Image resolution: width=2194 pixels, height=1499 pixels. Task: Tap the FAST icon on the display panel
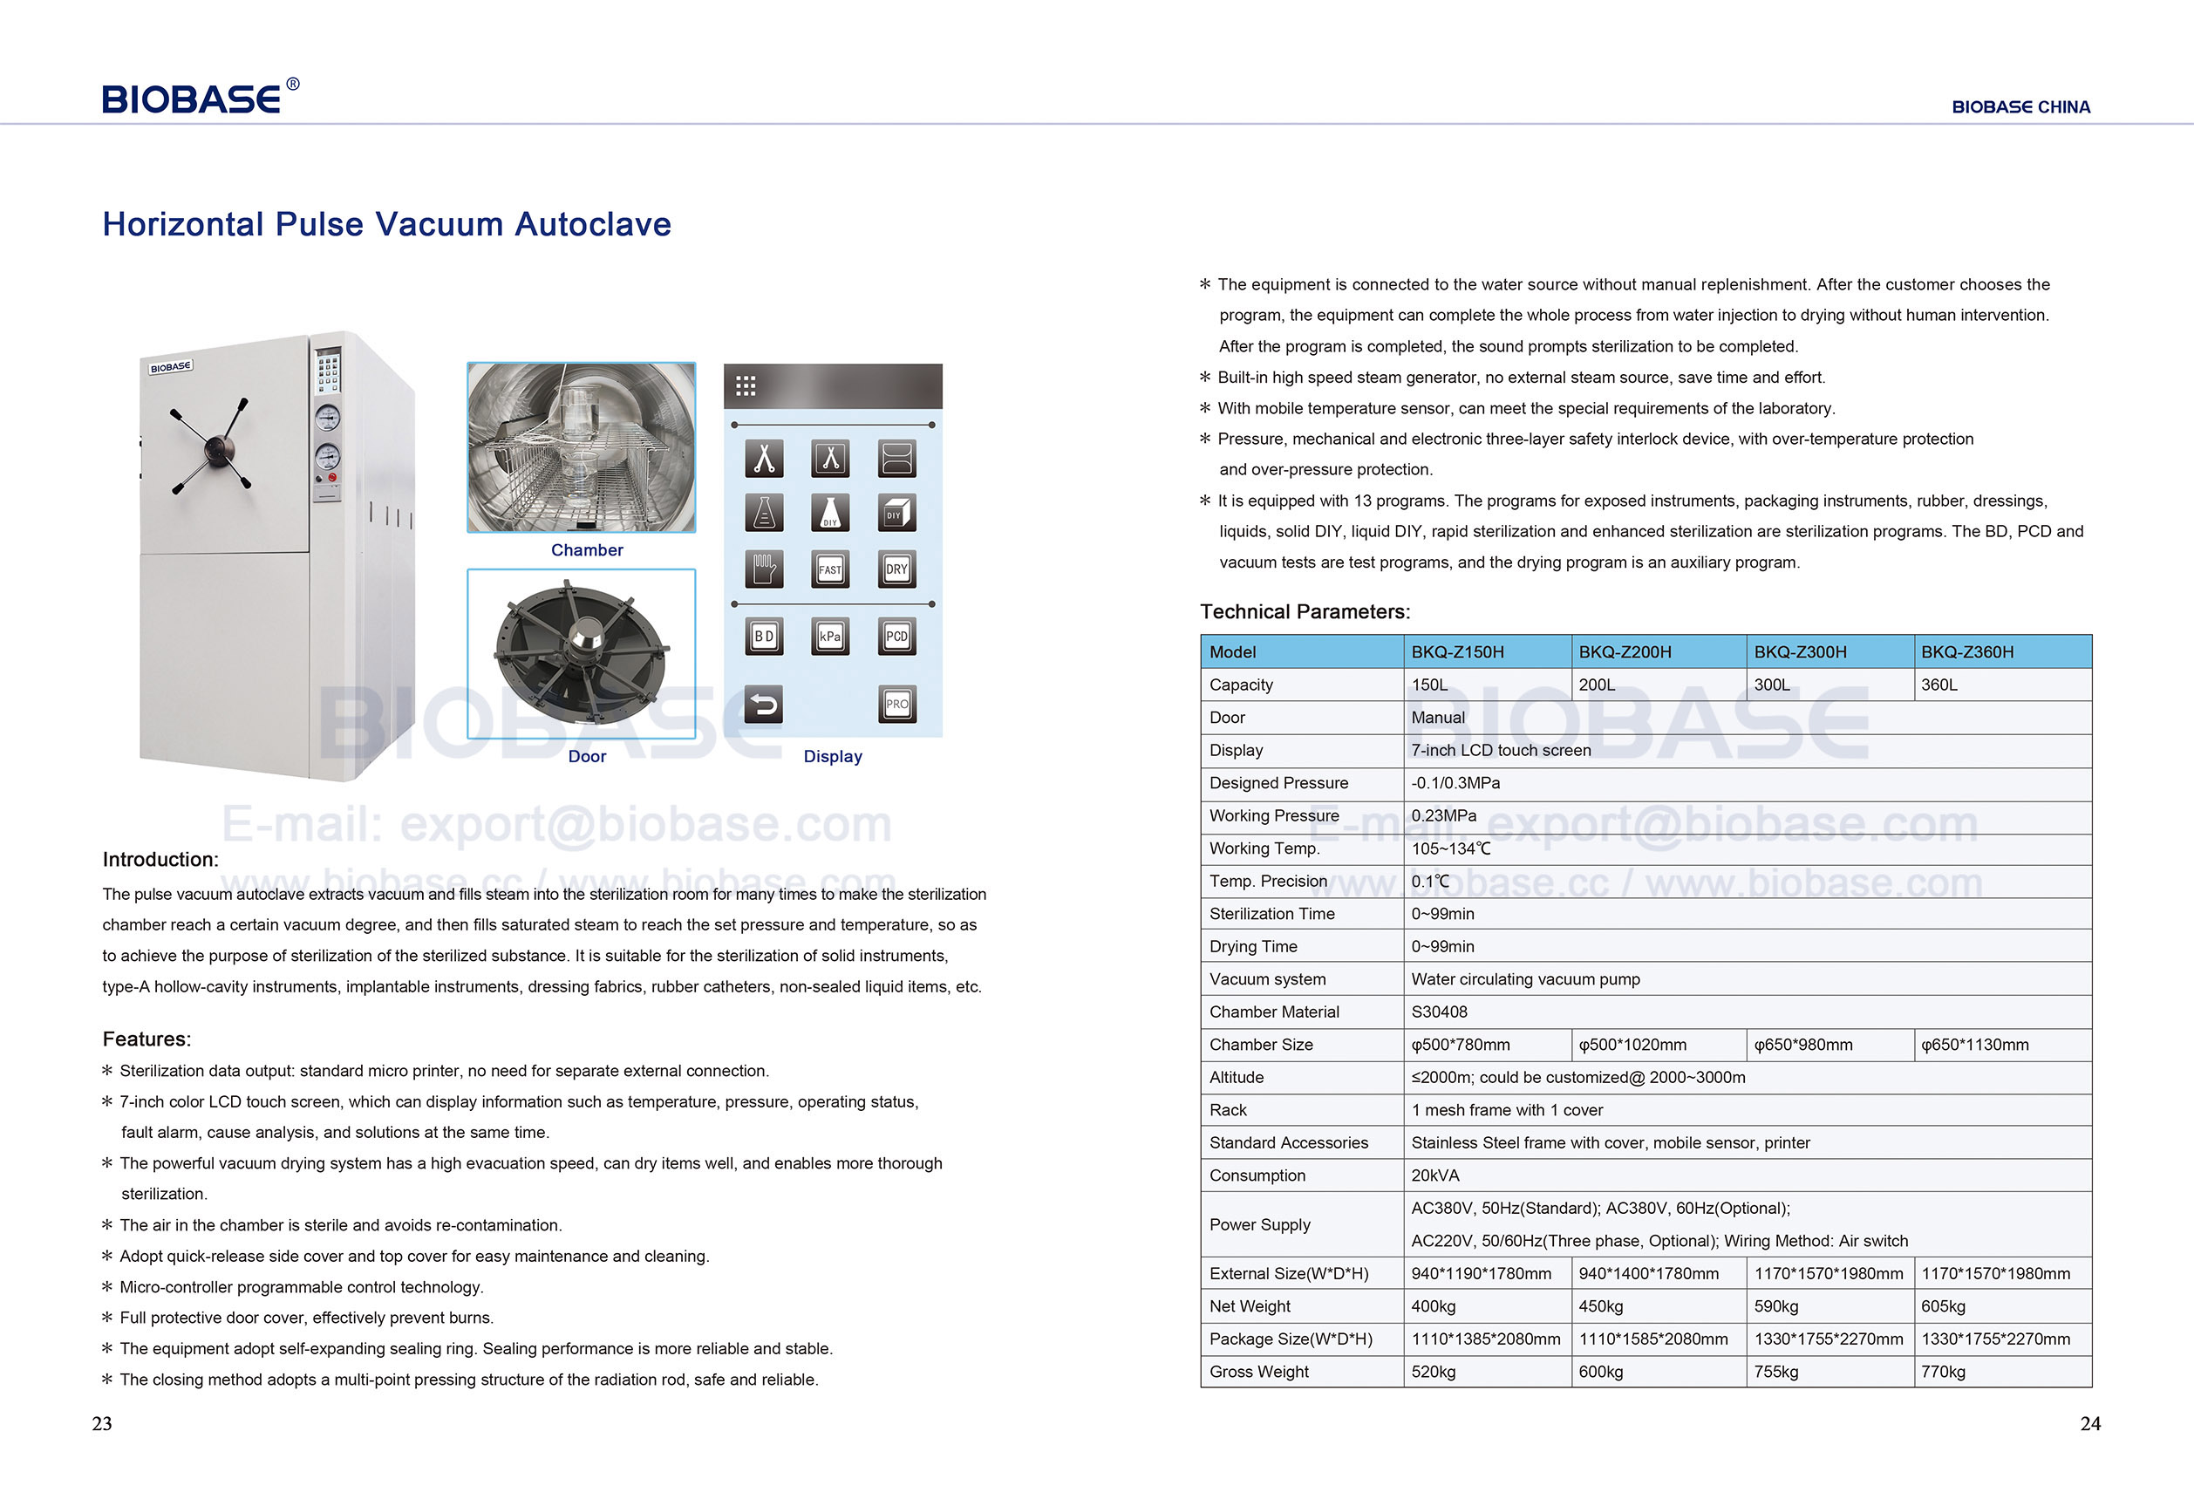(x=830, y=569)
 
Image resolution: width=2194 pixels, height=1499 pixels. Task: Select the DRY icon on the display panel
(x=896, y=569)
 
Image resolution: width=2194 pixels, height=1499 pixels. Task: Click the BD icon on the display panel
(x=764, y=637)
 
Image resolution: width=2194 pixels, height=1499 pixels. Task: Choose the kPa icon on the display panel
(x=830, y=637)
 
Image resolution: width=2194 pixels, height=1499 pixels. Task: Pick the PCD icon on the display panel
(x=896, y=637)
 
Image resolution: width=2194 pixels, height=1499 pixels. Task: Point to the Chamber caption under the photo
(x=586, y=550)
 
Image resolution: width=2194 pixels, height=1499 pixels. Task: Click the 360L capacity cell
(x=1939, y=685)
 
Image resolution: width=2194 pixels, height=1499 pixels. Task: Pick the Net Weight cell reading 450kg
(x=1600, y=1306)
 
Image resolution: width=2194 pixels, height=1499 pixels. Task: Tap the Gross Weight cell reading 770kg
(x=1943, y=1372)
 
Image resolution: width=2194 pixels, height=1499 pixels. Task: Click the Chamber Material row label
(x=1273, y=1012)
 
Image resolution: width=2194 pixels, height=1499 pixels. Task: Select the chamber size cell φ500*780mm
(x=1461, y=1045)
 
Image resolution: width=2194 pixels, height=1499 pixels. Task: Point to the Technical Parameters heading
(x=1305, y=611)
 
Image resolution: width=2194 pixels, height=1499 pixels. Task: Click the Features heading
(x=146, y=1039)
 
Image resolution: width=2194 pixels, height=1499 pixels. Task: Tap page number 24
(x=2090, y=1423)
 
